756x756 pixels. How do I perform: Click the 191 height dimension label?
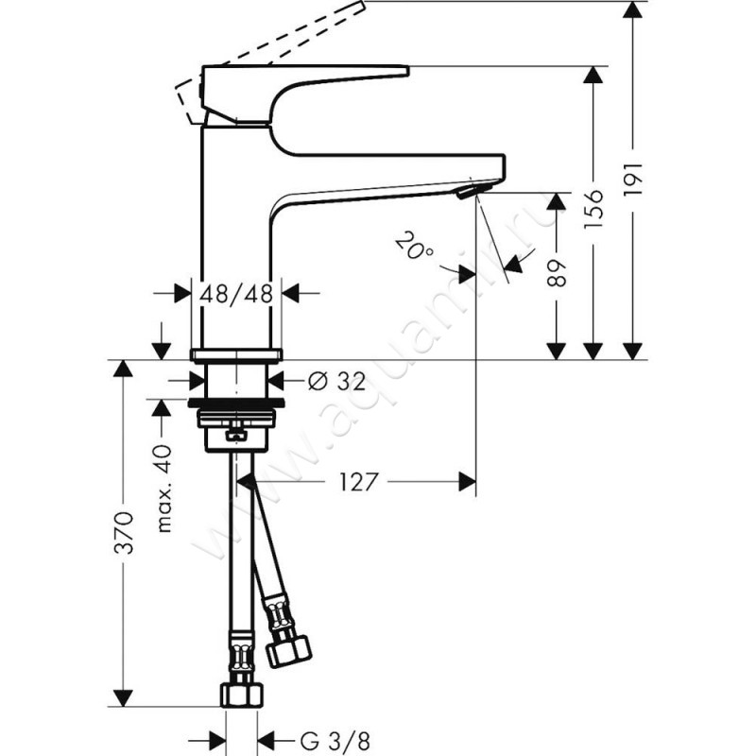click(633, 179)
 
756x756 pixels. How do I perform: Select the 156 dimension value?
click(593, 209)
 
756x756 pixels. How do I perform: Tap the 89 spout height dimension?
click(557, 273)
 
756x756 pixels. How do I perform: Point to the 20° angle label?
click(414, 246)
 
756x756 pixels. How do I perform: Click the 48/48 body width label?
click(236, 293)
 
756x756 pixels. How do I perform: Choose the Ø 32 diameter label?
click(336, 382)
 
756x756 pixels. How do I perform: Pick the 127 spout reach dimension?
click(357, 482)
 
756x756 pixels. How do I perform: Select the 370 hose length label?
click(123, 533)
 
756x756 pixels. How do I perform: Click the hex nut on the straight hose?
click(242, 695)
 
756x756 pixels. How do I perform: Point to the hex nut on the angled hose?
click(289, 651)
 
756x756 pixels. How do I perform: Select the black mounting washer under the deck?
click(236, 404)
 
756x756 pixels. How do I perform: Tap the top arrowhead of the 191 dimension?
click(632, 9)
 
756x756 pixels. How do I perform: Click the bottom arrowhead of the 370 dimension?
click(123, 698)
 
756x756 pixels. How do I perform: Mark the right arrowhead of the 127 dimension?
click(467, 482)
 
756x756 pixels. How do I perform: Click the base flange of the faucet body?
click(236, 354)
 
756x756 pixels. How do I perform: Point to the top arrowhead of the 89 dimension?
click(557, 201)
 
